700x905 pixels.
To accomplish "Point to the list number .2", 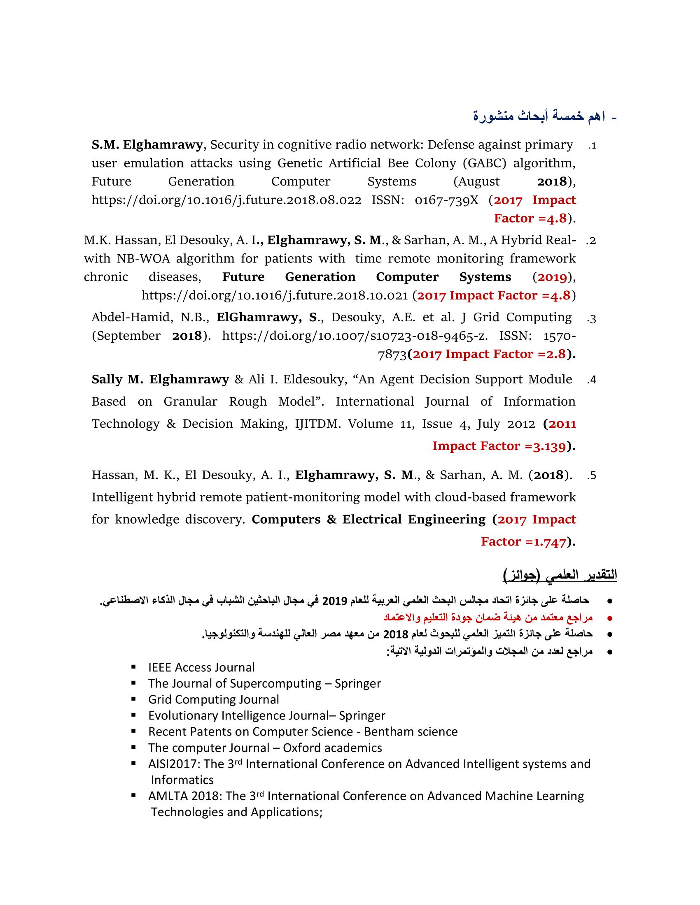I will click(590, 241).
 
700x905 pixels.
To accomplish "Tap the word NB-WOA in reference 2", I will click(143, 259).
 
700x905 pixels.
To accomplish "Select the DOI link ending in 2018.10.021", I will click(275, 295).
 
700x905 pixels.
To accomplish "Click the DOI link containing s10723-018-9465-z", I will click(355, 336).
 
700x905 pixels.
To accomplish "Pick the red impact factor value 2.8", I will click(556, 354).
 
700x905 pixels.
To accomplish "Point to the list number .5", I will click(591, 476).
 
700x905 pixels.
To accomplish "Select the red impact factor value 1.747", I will click(549, 542).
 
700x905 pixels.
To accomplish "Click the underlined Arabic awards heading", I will click(560, 575).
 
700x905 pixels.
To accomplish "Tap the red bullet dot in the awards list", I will click(609, 618).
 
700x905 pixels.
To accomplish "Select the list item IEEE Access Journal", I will click(201, 668).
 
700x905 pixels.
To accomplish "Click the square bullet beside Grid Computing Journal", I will click(133, 699).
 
